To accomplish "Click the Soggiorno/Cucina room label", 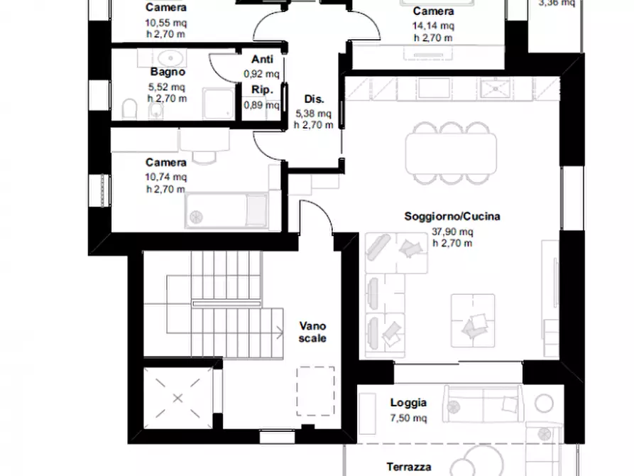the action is click(452, 217).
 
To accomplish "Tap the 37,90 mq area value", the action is click(452, 232).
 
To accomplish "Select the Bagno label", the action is click(168, 72).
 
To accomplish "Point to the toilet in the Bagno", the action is click(129, 109).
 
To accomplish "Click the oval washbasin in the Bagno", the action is click(170, 58).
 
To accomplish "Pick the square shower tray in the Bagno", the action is click(218, 104).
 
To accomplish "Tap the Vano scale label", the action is click(312, 332).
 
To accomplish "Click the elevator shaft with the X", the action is click(178, 399).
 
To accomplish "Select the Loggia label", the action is click(408, 403).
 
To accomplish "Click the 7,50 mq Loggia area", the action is click(408, 418).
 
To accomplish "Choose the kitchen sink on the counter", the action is click(496, 88).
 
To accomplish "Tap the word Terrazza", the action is click(408, 467).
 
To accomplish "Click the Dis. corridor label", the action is click(315, 99).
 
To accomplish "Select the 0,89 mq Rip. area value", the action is click(261, 105).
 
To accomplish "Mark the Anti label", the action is click(262, 59).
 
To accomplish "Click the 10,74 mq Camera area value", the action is click(166, 177).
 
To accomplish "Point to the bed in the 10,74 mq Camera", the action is click(226, 210).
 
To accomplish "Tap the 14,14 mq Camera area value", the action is click(433, 26).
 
